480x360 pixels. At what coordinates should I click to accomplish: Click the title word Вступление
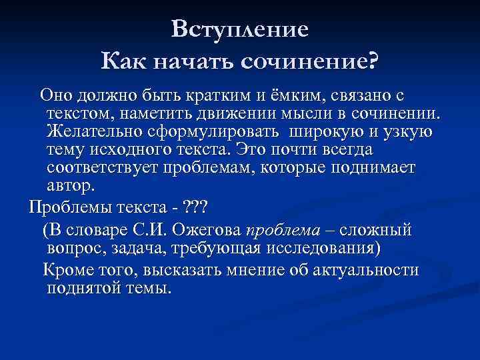240,29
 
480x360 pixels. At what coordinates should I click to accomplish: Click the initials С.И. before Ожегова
153,231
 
